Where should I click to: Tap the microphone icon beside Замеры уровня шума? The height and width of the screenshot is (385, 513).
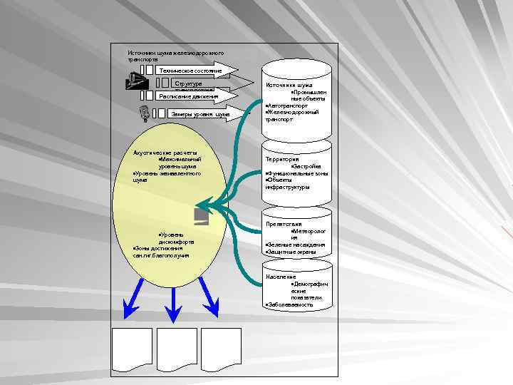point(144,113)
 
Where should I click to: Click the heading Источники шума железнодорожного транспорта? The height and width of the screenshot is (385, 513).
point(175,56)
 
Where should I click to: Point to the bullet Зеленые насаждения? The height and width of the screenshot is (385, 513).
point(295,245)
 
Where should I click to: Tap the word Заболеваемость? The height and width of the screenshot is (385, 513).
point(289,304)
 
